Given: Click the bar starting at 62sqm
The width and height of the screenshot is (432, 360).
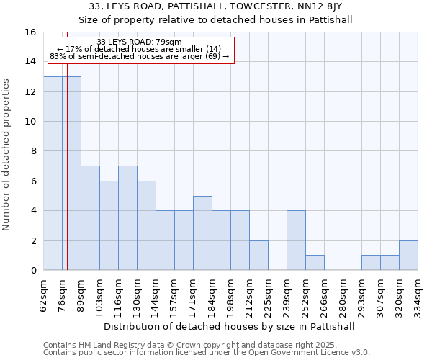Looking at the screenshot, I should (x=53, y=173).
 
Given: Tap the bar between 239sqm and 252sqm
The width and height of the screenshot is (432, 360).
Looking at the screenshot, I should (x=296, y=240).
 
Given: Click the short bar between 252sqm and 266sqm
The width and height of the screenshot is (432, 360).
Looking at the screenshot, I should (x=315, y=263).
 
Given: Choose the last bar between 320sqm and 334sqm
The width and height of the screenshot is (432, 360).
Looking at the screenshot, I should (x=408, y=256).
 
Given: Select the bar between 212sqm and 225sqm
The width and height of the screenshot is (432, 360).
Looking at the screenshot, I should (x=258, y=256).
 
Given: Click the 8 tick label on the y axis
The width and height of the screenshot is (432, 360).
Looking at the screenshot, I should (x=33, y=151).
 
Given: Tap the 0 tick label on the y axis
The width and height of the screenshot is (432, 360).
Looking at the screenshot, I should (x=33, y=271).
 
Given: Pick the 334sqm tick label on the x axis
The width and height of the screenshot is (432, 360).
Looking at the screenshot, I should (x=418, y=292).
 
